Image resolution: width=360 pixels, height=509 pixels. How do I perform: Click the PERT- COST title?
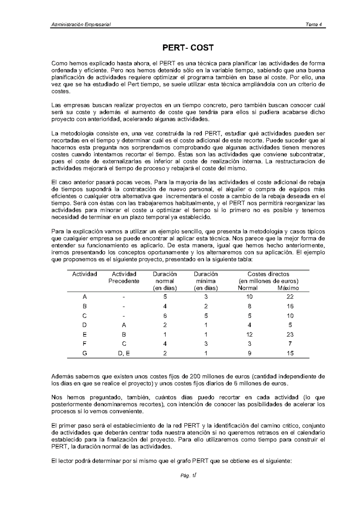pos(188,48)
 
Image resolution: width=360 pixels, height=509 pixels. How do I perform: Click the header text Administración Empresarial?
pos(81,25)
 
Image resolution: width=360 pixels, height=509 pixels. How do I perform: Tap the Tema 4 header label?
pos(314,25)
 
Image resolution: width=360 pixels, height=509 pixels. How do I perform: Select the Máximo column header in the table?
pos(288,288)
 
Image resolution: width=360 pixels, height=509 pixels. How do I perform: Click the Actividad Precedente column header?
pos(124,278)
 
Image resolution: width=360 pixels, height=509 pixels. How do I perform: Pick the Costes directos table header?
pos(268,274)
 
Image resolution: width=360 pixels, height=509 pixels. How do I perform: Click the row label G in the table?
pos(85,353)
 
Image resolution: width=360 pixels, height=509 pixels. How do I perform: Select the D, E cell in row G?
pos(124,353)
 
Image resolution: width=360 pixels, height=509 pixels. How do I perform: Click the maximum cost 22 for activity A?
pos(290,297)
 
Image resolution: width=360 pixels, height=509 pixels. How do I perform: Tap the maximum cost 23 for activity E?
pos(290,335)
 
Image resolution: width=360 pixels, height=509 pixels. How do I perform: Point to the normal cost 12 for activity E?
pos(249,335)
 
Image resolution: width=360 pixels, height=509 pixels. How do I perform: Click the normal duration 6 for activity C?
pos(165,316)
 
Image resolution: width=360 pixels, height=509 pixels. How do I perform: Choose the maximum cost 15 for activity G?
pos(290,353)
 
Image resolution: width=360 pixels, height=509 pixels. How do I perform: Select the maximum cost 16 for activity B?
pos(290,306)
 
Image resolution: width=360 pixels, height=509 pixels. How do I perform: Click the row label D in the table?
pos(85,325)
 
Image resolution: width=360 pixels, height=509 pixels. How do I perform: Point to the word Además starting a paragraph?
pos(61,377)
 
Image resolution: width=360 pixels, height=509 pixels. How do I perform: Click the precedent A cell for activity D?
pos(124,325)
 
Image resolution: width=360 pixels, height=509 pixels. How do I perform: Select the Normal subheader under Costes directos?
pos(247,288)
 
